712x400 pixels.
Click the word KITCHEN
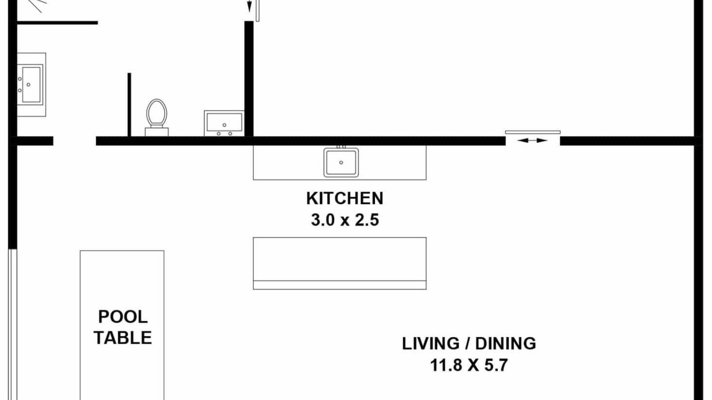(345, 198)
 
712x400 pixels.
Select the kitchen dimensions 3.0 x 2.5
(345, 220)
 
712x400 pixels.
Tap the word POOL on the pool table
(123, 317)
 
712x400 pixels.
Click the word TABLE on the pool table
(123, 337)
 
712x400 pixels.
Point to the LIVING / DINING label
(469, 343)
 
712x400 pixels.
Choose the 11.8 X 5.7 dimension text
(469, 365)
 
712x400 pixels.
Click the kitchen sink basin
(341, 162)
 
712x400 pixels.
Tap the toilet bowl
(157, 112)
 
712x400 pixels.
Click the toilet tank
(157, 132)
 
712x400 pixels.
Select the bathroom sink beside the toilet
(224, 123)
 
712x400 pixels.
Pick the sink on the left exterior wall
(30, 84)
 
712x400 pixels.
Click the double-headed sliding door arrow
(532, 141)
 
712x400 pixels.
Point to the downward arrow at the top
(249, 6)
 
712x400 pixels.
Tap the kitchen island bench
(339, 263)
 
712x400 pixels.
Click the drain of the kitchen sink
(341, 163)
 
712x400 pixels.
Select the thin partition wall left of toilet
(130, 105)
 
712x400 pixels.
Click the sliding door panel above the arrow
(533, 132)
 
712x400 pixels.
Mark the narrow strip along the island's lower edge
(339, 285)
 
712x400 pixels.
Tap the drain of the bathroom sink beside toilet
(224, 125)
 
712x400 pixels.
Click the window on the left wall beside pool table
(12, 324)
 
